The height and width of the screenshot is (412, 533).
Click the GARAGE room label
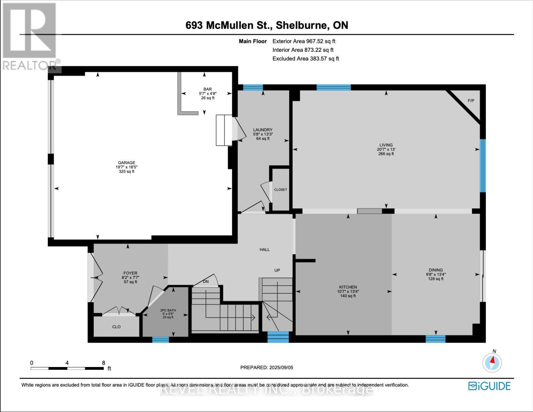click(126, 163)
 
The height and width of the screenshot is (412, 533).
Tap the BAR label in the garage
click(207, 89)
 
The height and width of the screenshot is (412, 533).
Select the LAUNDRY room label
click(263, 130)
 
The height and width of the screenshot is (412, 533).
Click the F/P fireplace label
click(471, 101)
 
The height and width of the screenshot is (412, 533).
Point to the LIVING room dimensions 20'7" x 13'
click(386, 149)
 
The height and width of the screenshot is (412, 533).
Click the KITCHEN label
click(348, 287)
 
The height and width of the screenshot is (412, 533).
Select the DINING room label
click(435, 270)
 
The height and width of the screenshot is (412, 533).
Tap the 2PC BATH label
click(168, 310)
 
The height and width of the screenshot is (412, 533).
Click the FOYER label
click(130, 273)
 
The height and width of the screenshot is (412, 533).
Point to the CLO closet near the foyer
click(116, 327)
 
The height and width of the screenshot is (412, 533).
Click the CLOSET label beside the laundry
click(281, 190)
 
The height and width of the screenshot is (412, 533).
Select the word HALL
click(264, 250)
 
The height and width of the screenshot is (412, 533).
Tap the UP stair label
click(277, 270)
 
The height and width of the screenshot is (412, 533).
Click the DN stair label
click(206, 282)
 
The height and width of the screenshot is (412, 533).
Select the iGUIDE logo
click(489, 386)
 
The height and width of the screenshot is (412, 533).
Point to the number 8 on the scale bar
click(103, 363)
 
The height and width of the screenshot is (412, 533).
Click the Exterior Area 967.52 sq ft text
click(304, 41)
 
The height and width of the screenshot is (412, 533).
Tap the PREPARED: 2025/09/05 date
click(266, 367)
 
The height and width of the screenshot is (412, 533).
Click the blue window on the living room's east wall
click(483, 165)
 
